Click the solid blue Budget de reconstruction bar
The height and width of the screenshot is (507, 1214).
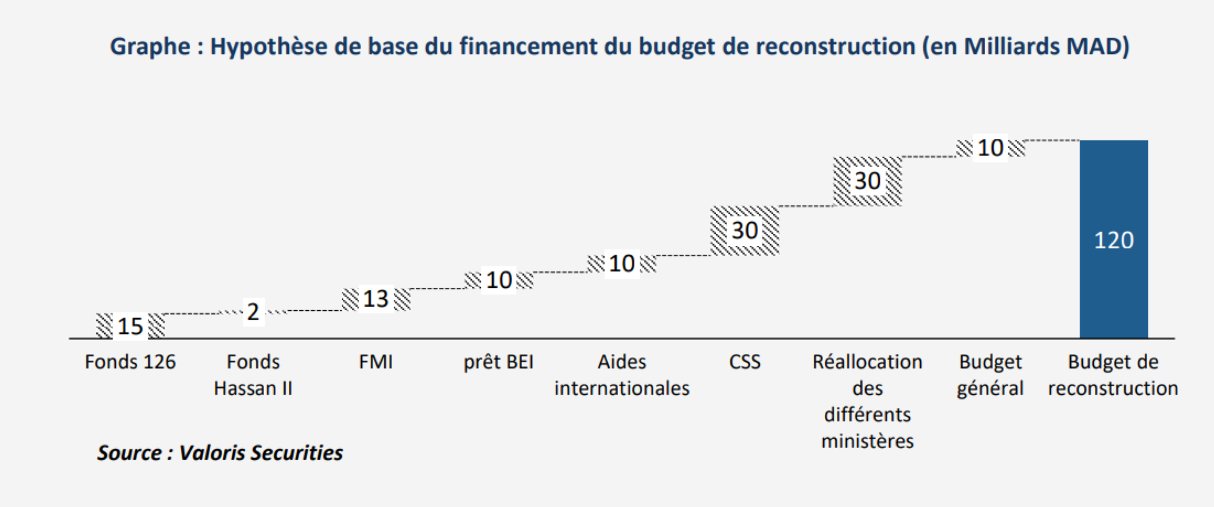point(1113,182)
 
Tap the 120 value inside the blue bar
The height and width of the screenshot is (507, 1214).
point(1113,240)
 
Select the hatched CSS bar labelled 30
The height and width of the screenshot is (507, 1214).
point(722,231)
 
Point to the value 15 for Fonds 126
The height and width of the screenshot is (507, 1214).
point(130,326)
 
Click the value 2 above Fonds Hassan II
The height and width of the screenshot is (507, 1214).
point(253,312)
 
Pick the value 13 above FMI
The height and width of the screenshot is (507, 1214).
point(376,299)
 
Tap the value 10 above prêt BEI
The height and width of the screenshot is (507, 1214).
point(499,280)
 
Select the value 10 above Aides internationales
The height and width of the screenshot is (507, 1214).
point(622,264)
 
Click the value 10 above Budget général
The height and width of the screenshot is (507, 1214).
point(990,148)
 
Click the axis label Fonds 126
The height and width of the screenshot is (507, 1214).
point(130,362)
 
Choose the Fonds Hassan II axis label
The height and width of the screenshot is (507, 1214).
point(253,375)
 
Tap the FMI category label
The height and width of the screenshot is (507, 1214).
point(376,362)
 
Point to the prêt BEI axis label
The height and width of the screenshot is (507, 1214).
point(498,362)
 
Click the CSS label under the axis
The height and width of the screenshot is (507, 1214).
point(744,362)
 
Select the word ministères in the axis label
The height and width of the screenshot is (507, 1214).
point(867,441)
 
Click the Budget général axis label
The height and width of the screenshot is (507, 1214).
point(990,375)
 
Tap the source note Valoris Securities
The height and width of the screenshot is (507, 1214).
point(261,453)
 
